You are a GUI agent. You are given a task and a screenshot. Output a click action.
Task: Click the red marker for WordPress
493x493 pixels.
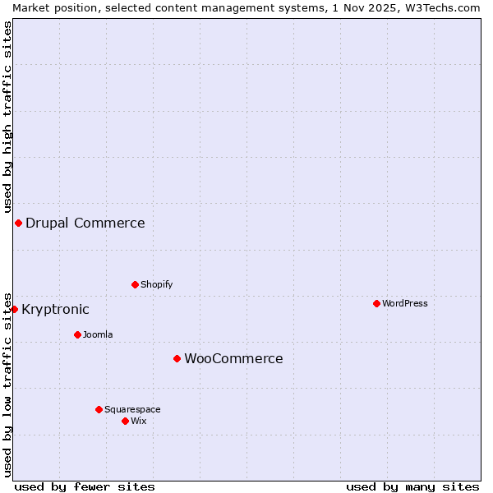pos(376,303)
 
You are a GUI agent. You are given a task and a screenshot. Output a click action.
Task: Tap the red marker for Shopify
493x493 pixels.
pos(135,284)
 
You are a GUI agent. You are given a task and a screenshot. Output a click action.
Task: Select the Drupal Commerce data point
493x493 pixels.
pos(18,223)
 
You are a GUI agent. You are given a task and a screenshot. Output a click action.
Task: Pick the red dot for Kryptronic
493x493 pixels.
pos(14,309)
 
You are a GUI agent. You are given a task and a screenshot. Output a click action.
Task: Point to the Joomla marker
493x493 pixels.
pos(77,334)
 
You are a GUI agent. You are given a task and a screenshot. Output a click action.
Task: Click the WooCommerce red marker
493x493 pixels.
pos(177,358)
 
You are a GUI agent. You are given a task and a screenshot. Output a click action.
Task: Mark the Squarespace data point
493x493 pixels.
pos(99,409)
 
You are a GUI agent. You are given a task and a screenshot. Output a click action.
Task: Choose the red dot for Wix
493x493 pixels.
pos(125,421)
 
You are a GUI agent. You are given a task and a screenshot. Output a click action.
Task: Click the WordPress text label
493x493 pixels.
pos(405,303)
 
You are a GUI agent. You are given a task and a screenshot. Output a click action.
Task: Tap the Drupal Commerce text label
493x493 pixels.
pos(85,223)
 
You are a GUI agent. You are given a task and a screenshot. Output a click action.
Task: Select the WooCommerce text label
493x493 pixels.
pos(233,358)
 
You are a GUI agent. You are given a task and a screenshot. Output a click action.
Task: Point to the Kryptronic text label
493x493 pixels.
pos(55,309)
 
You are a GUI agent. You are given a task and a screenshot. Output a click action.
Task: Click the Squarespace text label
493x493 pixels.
pos(132,409)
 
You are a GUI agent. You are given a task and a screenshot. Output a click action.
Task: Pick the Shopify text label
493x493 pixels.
pos(156,284)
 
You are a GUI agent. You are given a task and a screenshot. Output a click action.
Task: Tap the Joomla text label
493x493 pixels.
pos(98,334)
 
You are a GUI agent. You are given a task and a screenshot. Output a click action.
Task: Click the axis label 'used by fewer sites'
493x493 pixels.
pos(85,486)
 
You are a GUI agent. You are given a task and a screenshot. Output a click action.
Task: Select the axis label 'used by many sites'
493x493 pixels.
pos(412,486)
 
